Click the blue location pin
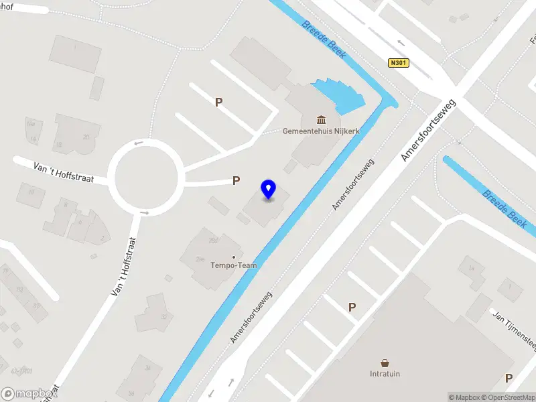point(269,190)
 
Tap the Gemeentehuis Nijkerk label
point(321,131)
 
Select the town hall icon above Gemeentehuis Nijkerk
point(322,120)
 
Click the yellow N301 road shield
point(398,63)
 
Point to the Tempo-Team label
point(232,265)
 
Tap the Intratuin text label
point(385,373)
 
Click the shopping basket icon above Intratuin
point(385,362)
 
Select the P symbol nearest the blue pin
point(236,180)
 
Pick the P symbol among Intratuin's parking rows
point(352,307)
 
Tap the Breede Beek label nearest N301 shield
point(324,39)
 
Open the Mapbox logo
point(29,393)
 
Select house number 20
point(86,137)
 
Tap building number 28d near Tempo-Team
point(213,239)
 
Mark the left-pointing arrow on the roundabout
point(139,143)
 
